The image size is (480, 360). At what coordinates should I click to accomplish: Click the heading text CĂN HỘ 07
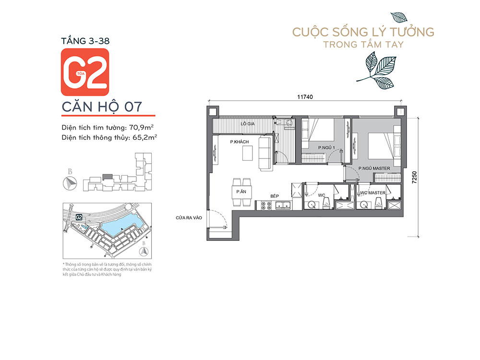click(x=102, y=107)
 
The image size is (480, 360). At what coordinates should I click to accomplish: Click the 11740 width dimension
click(x=305, y=96)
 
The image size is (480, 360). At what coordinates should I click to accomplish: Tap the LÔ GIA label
click(x=248, y=124)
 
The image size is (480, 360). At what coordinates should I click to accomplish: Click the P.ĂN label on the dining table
click(x=240, y=192)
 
